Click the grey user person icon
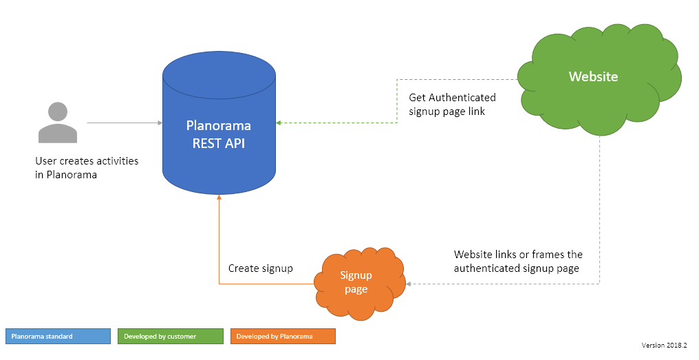58,124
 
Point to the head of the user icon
58,112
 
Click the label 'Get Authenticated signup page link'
452,104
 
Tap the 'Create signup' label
260,268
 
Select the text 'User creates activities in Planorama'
87,167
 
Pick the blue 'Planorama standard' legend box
58,336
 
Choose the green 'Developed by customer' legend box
171,336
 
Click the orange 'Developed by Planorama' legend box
283,336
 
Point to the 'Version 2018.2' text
665,345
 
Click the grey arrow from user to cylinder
124,123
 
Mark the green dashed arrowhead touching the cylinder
279,123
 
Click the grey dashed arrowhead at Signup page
409,283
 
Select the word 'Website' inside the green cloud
593,76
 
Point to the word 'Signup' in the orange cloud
356,275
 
